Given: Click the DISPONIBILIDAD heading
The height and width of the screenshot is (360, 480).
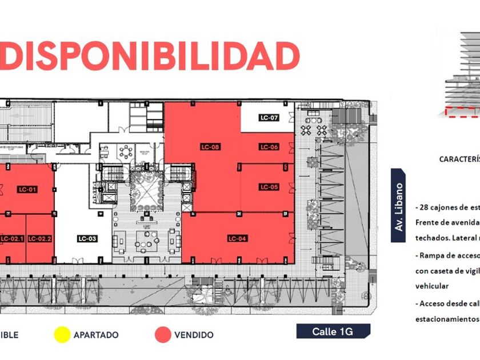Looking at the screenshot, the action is point(150,57).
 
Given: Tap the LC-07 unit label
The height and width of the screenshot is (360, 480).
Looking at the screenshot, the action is point(269,118).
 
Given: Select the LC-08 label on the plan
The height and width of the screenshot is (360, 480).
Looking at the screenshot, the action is point(210,147).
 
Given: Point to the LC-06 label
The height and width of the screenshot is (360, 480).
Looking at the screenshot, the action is point(269,147).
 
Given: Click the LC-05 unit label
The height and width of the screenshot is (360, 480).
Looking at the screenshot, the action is point(269,187).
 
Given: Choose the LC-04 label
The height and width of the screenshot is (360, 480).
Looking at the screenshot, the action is point(237,238).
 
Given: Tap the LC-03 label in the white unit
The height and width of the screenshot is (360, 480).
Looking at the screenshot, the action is point(87,238).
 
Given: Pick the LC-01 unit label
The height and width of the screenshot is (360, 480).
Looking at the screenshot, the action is point(27,189).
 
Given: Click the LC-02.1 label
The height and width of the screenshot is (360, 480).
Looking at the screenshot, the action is point(12,238).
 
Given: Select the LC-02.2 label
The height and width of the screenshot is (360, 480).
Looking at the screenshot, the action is point(40,238).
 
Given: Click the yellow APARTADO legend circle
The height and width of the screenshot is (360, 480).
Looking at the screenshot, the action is point(61,335).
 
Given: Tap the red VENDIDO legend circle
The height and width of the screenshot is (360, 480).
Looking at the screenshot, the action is point(163,335).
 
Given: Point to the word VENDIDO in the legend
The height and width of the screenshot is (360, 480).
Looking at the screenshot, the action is point(194,335).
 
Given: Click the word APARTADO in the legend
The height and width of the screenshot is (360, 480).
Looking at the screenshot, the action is point(95,335).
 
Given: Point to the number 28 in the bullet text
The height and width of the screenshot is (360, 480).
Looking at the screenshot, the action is point(426,207).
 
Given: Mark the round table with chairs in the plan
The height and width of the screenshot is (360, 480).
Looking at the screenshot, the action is point(126,152).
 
